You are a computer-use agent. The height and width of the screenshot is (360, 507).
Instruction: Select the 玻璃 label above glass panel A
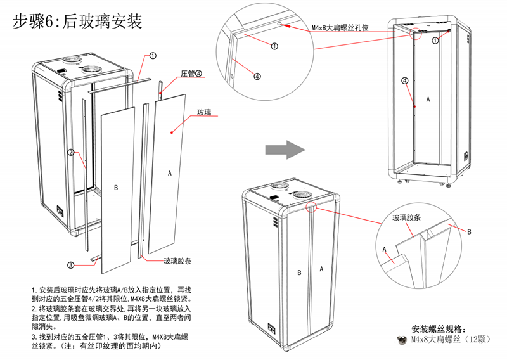click(x=204, y=112)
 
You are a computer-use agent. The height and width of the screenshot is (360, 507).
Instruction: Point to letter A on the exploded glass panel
click(x=169, y=172)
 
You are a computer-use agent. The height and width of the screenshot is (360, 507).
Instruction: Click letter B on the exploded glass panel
click(x=115, y=188)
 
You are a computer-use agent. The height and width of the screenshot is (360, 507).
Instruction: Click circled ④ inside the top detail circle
click(x=257, y=75)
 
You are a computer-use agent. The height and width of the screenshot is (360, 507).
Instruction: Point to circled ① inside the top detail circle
click(x=274, y=46)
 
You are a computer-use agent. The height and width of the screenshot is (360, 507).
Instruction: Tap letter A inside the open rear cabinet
click(x=428, y=100)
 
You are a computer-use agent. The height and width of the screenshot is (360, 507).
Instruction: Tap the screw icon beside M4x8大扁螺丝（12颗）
click(x=401, y=340)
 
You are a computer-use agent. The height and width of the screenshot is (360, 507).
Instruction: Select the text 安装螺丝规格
click(x=439, y=329)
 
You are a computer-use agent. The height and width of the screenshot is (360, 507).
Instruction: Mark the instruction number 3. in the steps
click(x=34, y=336)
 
